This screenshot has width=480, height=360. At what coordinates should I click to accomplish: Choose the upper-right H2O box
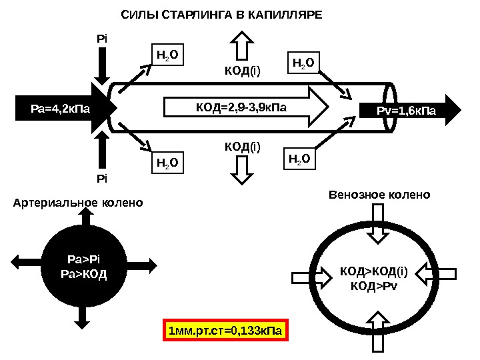pos(304,63)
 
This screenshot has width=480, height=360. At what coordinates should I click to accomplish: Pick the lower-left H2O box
pos(167,162)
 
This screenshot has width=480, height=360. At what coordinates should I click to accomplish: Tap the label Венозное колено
pos(380,195)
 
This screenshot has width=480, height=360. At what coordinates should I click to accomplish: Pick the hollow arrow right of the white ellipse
pos(441,273)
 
